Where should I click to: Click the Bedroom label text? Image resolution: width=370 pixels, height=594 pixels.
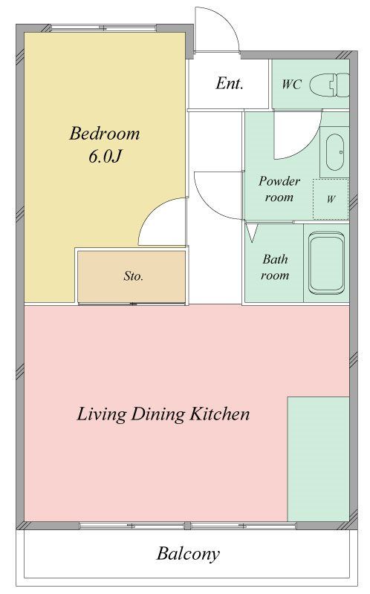coord(105,134)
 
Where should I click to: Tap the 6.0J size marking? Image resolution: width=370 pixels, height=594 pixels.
coord(105,156)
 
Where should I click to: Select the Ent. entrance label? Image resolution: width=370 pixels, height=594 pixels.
coord(230,83)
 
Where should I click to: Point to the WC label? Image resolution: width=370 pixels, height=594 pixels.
coord(291,84)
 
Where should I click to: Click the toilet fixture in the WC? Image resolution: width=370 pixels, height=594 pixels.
coord(329,85)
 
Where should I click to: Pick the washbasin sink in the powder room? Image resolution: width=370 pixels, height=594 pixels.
coord(335,152)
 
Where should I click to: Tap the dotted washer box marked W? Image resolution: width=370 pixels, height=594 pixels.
coord(331,199)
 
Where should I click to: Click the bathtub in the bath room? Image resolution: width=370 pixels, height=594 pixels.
coord(326,263)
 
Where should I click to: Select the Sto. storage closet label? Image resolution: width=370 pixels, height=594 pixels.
coord(134,275)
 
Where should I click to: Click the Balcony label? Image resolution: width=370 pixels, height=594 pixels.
coord(188,553)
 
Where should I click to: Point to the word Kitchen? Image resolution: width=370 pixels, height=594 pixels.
coord(219,414)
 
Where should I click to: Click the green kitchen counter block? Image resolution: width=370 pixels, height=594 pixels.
coord(319,459)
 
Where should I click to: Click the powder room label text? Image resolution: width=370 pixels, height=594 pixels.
coord(279,189)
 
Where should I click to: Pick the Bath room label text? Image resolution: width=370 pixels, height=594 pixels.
coord(275,267)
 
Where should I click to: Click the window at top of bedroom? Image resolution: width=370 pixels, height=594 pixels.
coord(103,28)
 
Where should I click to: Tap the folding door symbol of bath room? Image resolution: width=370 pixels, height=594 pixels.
coord(252,232)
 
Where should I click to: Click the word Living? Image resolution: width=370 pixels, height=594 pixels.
coord(101,414)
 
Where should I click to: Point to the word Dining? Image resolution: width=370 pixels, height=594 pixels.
coord(158,414)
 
